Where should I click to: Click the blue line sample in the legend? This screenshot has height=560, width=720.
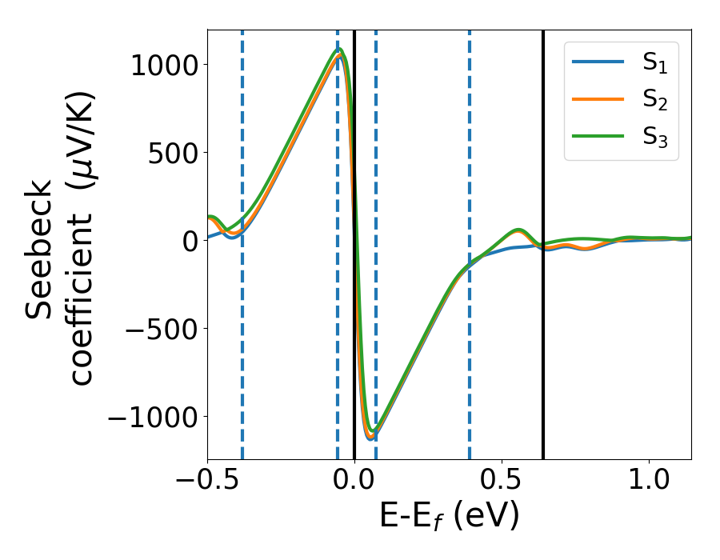[598, 63]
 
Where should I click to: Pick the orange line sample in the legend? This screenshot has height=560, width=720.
[598, 99]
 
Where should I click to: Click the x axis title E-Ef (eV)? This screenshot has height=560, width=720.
[449, 517]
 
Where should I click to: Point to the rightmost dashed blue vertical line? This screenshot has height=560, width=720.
[469, 360]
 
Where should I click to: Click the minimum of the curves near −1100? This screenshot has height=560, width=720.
[370, 437]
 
